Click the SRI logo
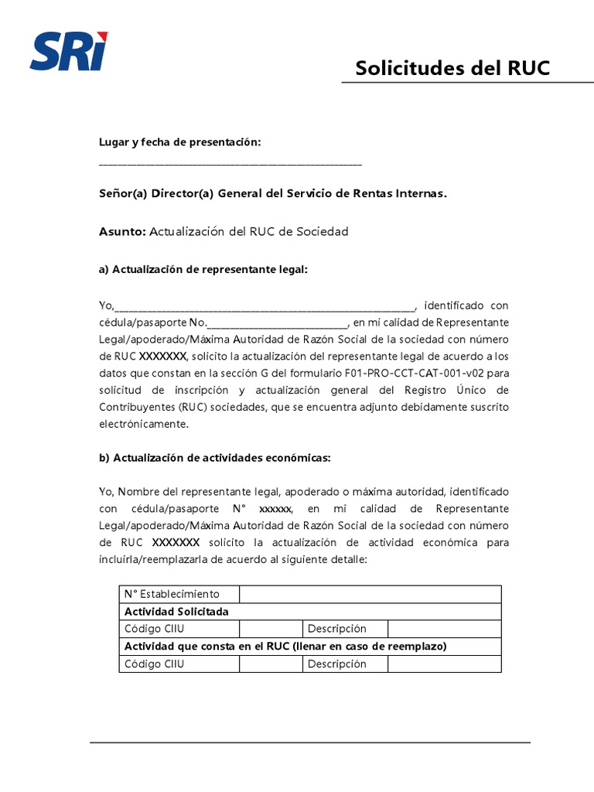[x=69, y=50]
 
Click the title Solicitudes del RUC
[x=452, y=68]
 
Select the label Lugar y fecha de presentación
[x=179, y=142]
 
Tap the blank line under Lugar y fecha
[x=230, y=164]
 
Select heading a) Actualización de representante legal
[x=203, y=269]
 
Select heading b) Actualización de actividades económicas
[x=214, y=458]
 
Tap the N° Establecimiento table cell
[x=172, y=594]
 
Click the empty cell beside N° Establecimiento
[x=370, y=594]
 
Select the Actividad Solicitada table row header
[x=176, y=611]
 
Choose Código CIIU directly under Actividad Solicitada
[x=154, y=629]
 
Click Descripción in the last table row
[x=336, y=664]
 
